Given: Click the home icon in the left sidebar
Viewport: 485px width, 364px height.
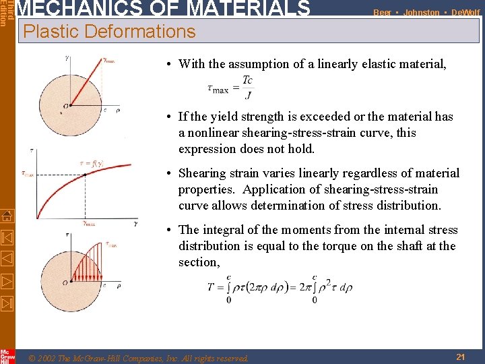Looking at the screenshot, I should (x=7, y=216).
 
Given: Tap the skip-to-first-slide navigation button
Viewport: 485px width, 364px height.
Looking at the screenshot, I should (x=7, y=238).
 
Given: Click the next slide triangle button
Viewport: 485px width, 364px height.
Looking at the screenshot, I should (x=7, y=278).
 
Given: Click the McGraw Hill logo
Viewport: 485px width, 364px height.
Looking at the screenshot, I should (x=7, y=356).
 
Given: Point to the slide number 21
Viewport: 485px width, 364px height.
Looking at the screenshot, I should (x=460, y=357).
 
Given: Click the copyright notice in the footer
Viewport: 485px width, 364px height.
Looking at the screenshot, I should (x=139, y=358).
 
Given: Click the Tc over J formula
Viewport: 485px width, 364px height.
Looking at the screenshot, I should (x=230, y=86).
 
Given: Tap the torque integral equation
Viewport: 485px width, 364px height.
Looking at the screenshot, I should (x=280, y=288).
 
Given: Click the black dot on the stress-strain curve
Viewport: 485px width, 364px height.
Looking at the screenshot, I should (x=86, y=175).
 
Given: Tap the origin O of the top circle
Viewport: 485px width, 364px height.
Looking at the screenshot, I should (x=66, y=105).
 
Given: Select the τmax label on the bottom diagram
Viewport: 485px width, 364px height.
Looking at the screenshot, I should (x=112, y=244).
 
